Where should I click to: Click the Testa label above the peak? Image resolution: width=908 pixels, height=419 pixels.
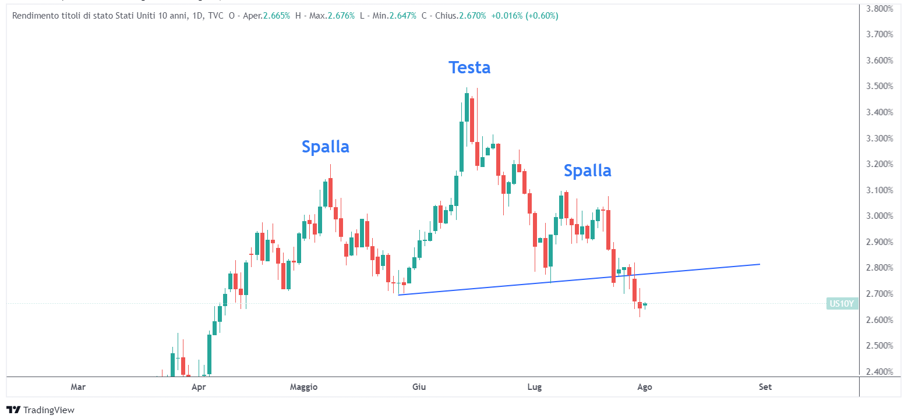pos(469,68)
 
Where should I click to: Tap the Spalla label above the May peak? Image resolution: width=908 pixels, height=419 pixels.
pos(326,147)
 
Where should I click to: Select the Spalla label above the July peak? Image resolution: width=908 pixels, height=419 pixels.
pos(587,171)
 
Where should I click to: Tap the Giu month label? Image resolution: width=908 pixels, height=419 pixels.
pos(419,387)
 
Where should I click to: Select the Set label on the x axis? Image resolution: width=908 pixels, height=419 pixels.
pos(765,387)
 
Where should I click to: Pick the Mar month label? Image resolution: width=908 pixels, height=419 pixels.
pos(78,387)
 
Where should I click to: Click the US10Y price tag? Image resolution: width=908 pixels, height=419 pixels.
pos(842,303)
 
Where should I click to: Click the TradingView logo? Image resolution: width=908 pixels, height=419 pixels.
pos(41,410)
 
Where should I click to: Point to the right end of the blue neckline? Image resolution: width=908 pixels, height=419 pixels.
pos(759,264)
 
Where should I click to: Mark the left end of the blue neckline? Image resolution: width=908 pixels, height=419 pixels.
pos(399,294)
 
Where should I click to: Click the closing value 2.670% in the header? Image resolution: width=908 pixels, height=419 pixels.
pos(472,16)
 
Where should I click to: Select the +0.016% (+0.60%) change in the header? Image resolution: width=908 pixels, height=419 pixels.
pos(525,16)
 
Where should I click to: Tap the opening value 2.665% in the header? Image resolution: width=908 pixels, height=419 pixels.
pos(276,16)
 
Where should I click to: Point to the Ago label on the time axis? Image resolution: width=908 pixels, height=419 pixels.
pos(644,387)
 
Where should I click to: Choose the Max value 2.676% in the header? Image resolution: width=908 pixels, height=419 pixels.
pos(341,16)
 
